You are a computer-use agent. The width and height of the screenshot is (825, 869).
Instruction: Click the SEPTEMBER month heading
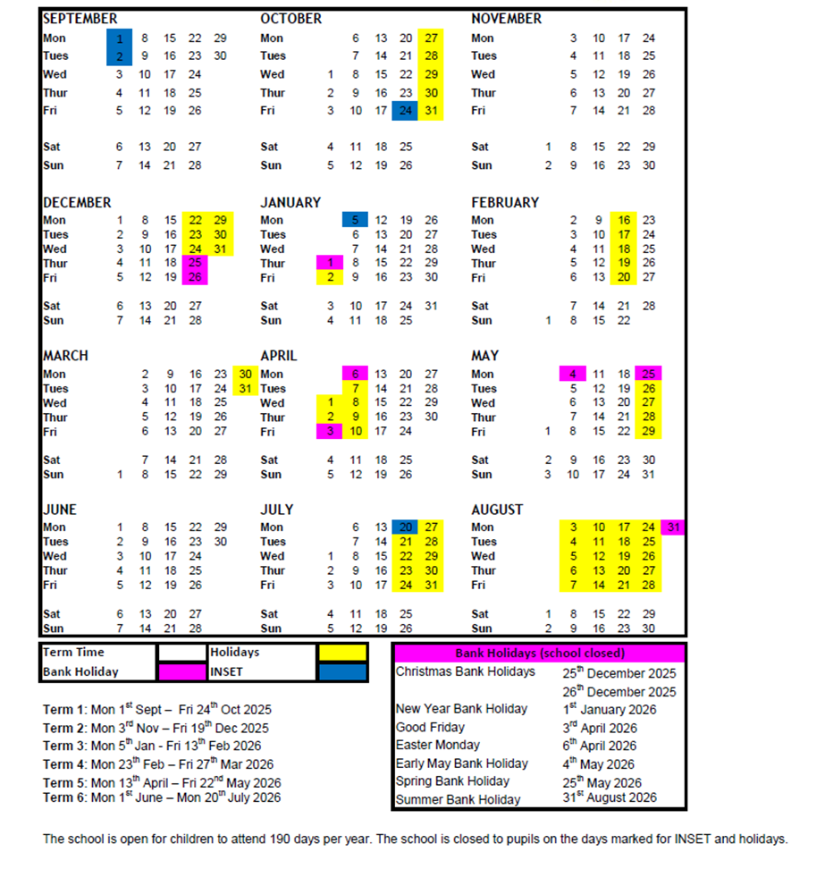point(80,19)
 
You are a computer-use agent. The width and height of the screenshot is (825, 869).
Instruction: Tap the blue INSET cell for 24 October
point(405,111)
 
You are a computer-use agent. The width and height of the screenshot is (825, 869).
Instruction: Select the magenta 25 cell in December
point(195,264)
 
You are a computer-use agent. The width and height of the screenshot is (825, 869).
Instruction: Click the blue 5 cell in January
point(355,220)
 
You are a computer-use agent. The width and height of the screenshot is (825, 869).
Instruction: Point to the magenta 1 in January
point(330,264)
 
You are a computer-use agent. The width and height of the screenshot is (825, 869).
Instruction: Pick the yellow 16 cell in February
point(623,220)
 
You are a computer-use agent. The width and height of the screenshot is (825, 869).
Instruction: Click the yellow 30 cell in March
point(244,375)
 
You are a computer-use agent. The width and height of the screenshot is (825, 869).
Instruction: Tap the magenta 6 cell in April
point(355,375)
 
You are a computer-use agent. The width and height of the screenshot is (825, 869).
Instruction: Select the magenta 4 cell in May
point(573,375)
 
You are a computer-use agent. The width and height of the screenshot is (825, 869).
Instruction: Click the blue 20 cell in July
point(405,527)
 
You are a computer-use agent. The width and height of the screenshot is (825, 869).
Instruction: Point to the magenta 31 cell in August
point(674,527)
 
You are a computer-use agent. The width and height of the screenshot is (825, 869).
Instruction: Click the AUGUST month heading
point(497,510)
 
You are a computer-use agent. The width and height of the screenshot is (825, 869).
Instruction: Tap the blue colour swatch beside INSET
point(341,671)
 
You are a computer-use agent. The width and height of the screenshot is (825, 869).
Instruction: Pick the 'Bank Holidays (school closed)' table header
point(539,654)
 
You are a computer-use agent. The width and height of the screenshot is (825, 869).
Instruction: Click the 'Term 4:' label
point(63,764)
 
